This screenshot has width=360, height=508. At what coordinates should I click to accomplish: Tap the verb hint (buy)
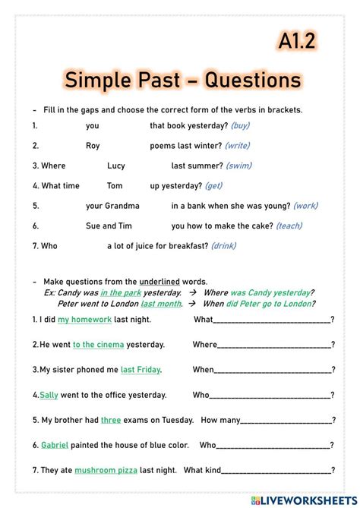point(240,126)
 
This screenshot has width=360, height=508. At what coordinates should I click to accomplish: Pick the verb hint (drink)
point(223,245)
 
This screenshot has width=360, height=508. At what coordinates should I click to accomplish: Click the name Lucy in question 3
point(116,166)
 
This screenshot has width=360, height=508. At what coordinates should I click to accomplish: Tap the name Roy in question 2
point(93,146)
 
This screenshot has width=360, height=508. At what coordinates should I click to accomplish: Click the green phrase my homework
point(84,320)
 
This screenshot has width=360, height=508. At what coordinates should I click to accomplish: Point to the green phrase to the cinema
point(98,345)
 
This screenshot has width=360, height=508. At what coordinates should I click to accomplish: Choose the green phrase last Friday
point(141,370)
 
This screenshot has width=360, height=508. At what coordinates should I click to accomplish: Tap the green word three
point(111,420)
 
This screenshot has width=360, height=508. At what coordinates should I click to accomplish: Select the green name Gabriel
point(55,445)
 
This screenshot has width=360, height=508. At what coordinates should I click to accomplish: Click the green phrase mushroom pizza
point(106,470)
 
